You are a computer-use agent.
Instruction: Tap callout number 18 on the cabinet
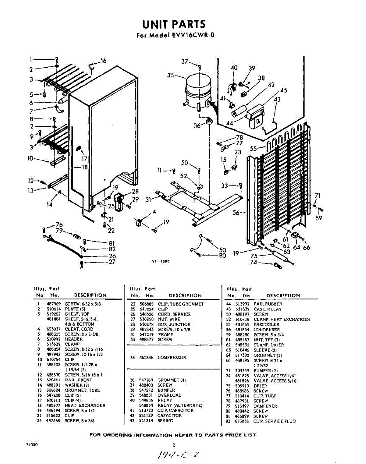pos(84,167)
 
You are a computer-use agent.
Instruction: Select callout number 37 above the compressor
pos(185,61)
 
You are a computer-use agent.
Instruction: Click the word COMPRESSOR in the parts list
pos(172,358)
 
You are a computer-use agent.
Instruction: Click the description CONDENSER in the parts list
pos(267,329)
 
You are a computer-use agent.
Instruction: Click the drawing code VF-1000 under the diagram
pos(160,261)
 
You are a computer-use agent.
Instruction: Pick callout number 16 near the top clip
pos(103,61)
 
